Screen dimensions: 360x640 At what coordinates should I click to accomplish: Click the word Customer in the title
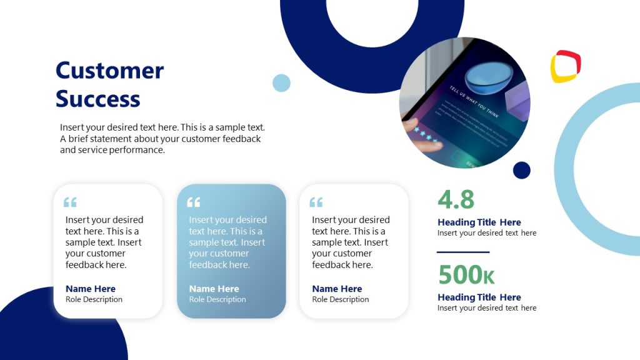pos(109,70)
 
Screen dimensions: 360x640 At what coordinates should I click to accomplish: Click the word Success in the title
pos(98,99)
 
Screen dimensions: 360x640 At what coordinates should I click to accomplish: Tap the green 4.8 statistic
pos(456,199)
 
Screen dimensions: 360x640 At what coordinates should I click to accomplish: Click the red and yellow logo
pos(565,66)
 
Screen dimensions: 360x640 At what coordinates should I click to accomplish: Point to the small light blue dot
pos(281,83)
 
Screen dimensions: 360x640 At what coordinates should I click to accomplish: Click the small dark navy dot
pos(521,170)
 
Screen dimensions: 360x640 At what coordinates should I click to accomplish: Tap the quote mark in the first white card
pos(70,202)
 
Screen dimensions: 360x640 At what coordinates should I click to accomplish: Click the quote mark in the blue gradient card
pos(194,202)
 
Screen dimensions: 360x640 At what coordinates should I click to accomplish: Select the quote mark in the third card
pos(316,202)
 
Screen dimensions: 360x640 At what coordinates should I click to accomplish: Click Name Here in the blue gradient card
pos(214,289)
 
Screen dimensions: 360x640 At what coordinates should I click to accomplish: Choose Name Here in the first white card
pos(91,289)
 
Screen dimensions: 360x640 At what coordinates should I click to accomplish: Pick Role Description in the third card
pos(341,299)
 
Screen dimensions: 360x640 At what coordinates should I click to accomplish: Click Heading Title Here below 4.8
pos(479,222)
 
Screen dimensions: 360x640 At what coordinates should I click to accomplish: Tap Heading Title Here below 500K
pos(479,297)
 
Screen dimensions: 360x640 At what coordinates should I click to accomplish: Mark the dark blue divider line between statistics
pos(462,252)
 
